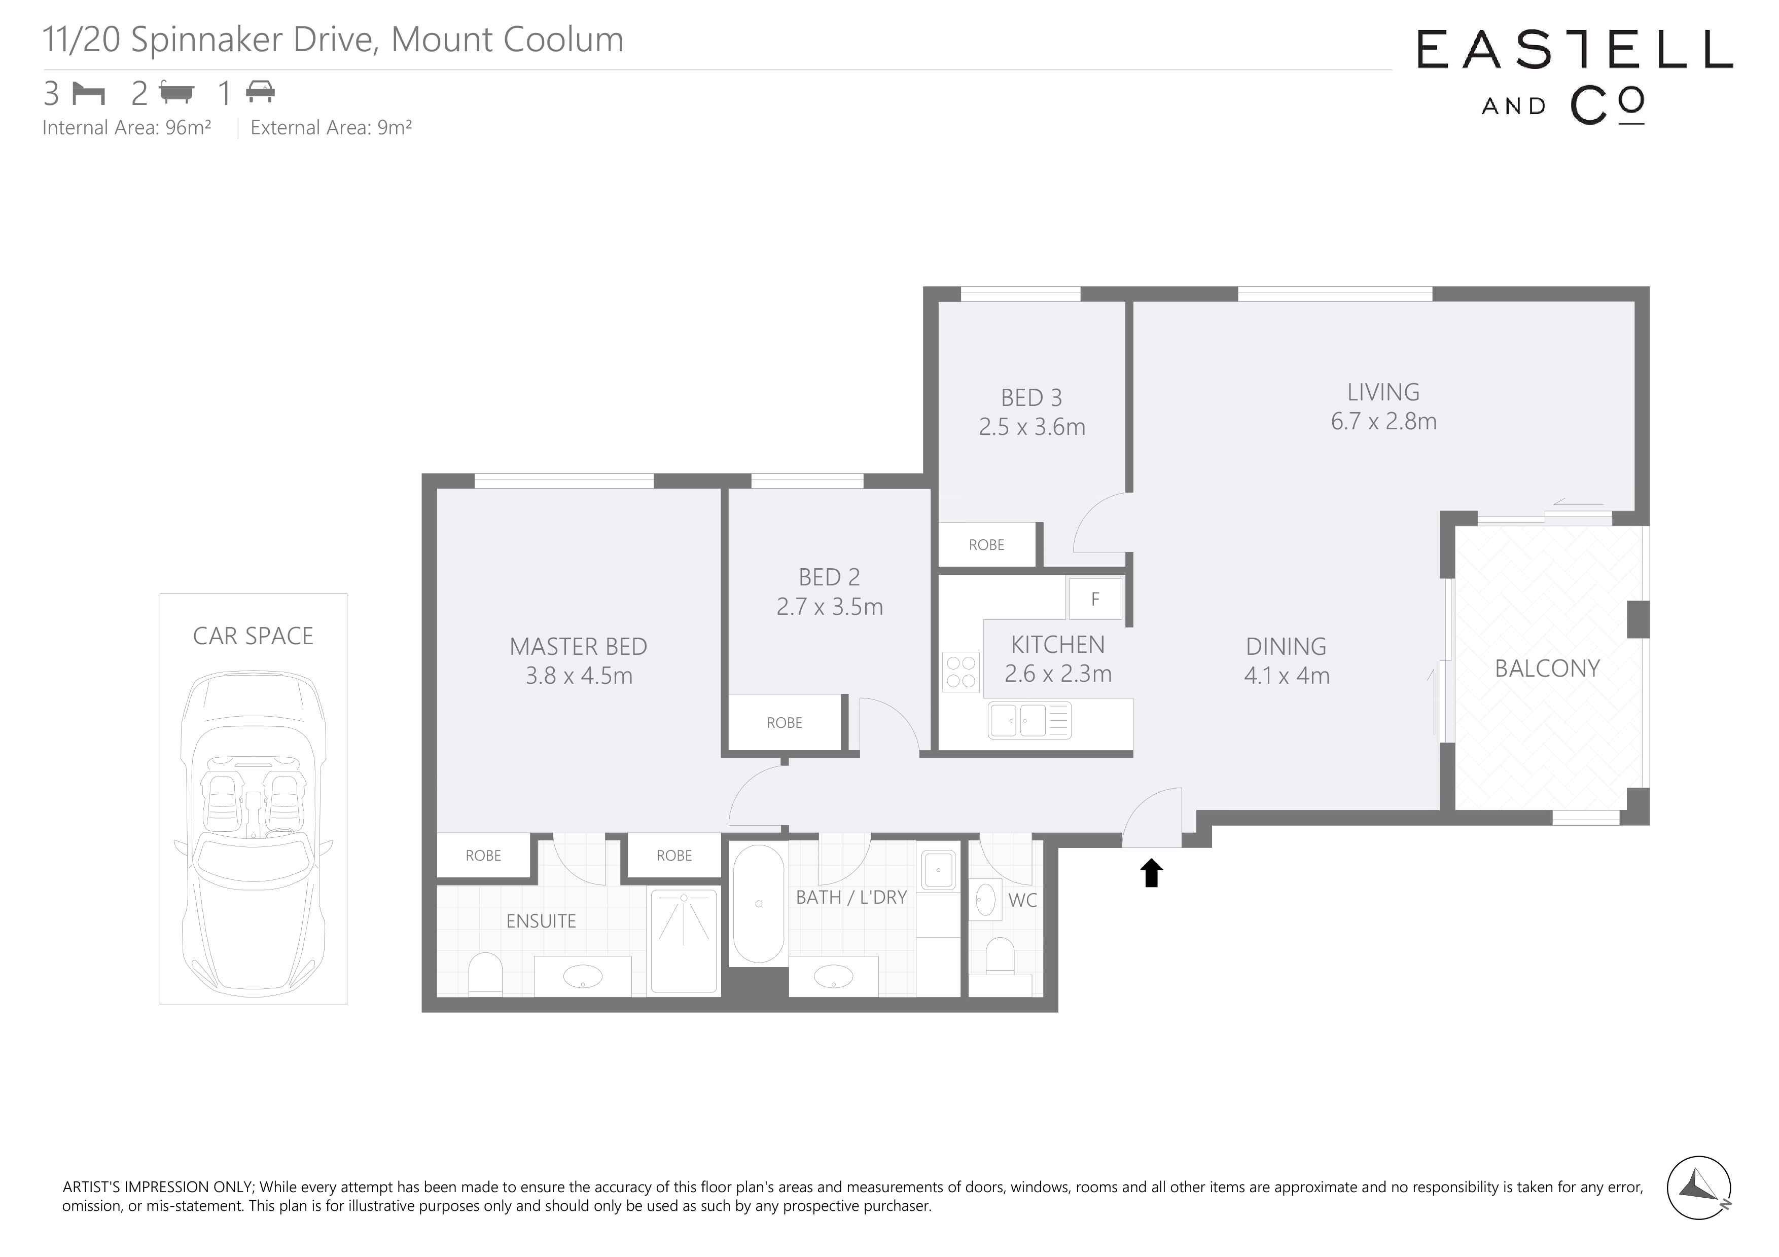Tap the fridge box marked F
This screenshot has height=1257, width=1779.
point(1095,599)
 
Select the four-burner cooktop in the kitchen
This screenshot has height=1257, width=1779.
point(961,672)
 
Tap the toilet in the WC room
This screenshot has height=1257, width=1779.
point(1000,956)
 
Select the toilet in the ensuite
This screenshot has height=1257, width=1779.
point(486,973)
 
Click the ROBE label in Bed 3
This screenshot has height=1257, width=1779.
point(986,545)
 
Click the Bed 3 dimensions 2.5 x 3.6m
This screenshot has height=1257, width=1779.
point(1032,427)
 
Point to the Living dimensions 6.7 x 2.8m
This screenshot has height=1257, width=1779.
point(1384,421)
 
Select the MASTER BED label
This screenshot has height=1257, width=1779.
point(578,647)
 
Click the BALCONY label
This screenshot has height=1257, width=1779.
point(1547,669)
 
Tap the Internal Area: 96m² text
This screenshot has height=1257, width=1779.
point(127,128)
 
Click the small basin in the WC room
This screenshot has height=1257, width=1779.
point(985,900)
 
